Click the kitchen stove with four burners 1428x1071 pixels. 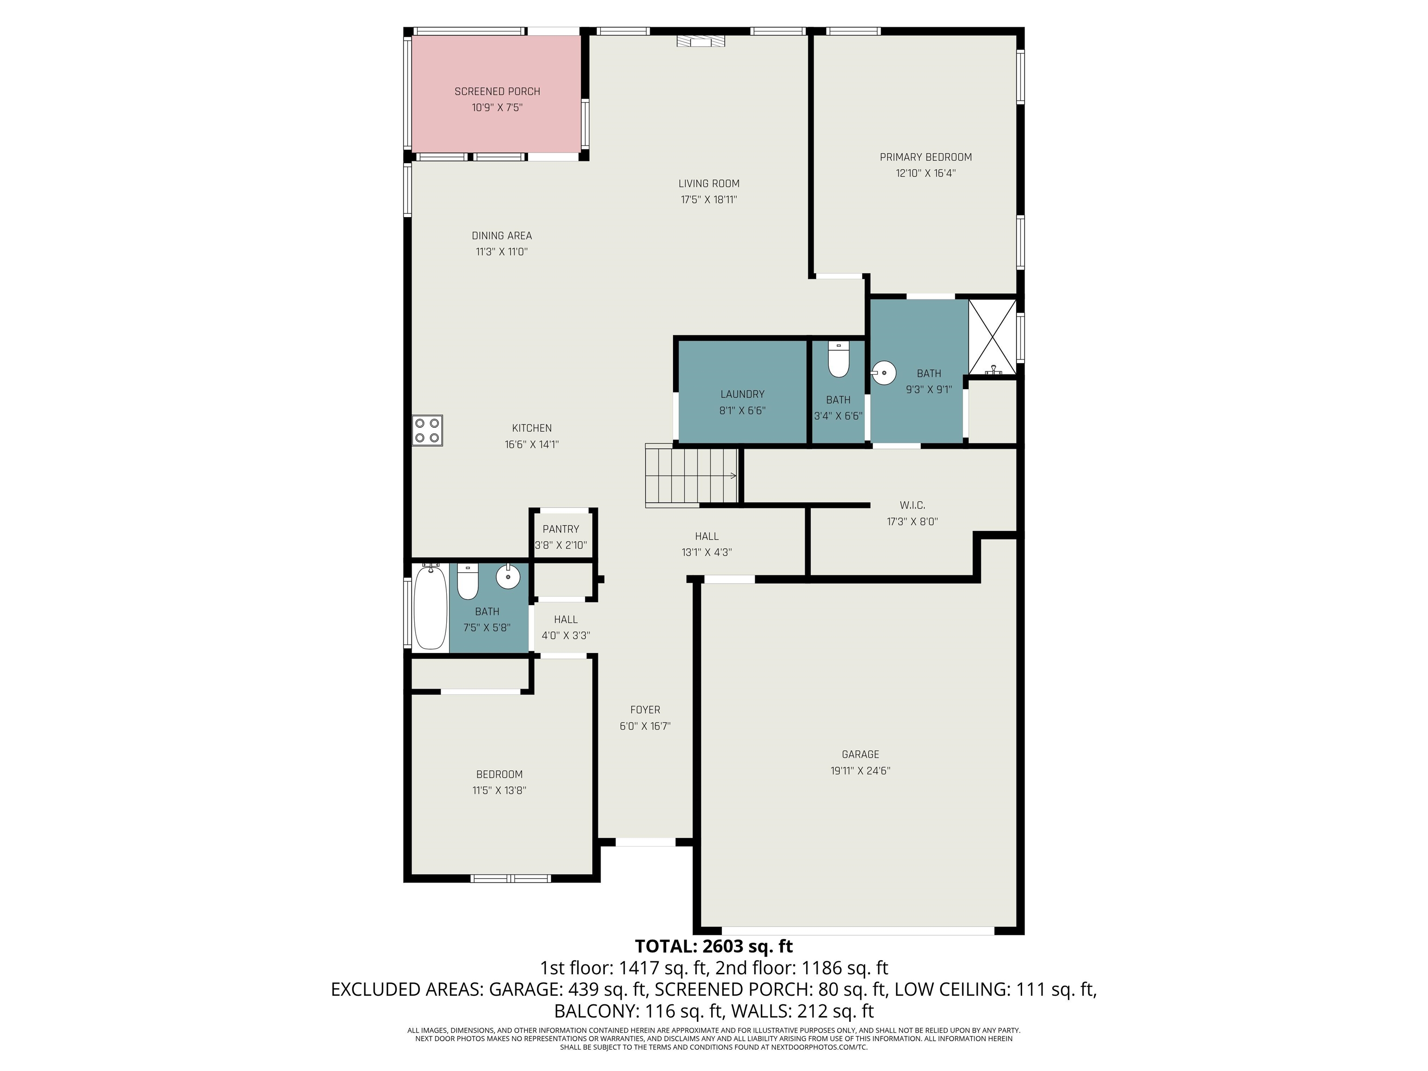[427, 430]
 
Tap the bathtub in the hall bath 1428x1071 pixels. [430, 607]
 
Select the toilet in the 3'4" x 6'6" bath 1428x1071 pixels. [839, 360]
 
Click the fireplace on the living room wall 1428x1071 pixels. [701, 40]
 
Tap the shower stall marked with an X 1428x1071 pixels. [992, 337]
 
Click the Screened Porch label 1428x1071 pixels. [497, 92]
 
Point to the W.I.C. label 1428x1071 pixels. [912, 505]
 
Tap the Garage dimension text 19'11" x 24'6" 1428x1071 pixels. [860, 771]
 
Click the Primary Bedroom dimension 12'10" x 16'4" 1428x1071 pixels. [926, 173]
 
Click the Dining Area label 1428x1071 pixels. [502, 236]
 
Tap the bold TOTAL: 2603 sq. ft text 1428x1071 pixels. [714, 946]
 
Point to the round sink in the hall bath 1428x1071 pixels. [508, 576]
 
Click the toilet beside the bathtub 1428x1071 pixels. [467, 581]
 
